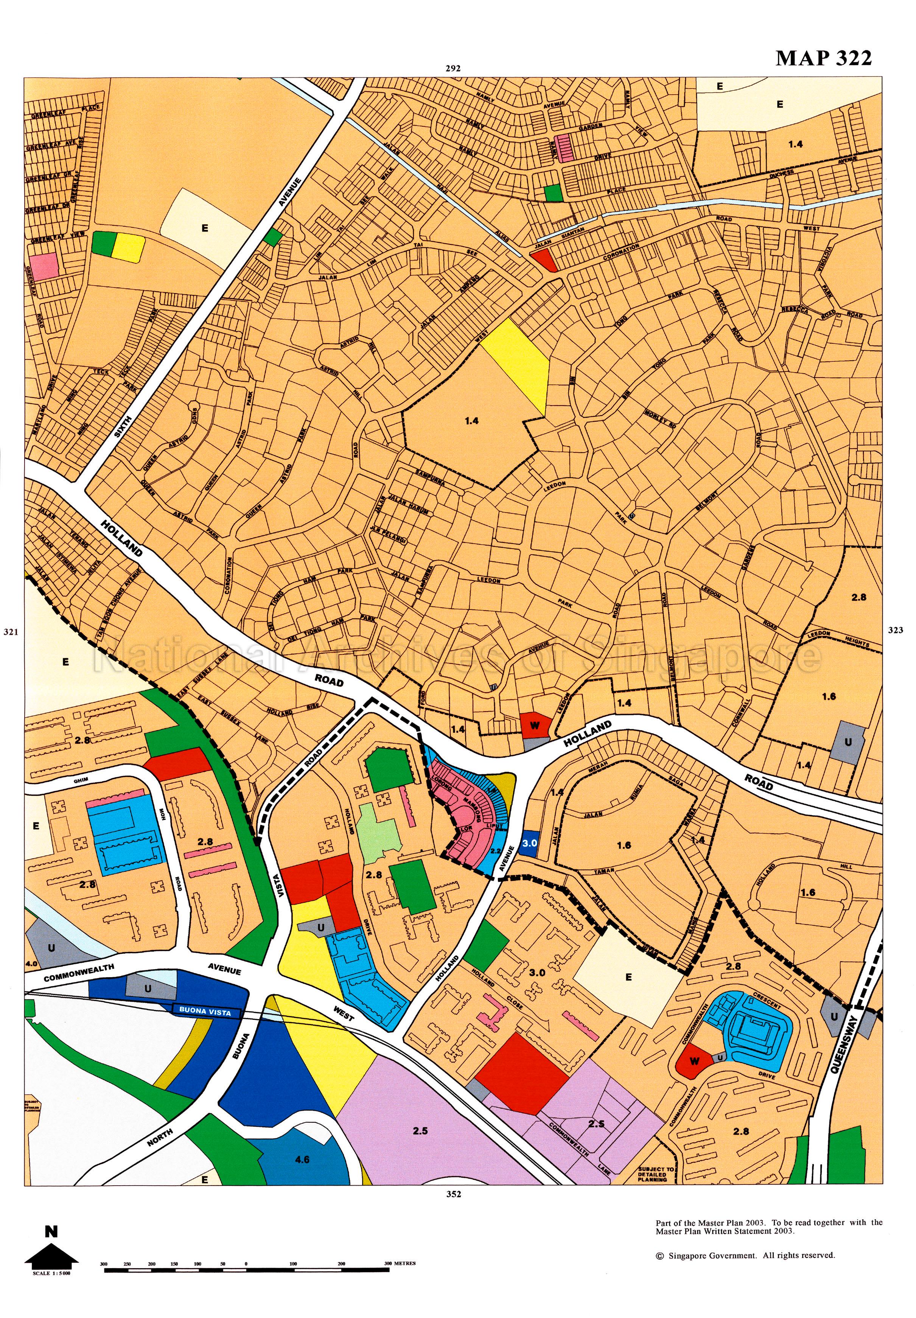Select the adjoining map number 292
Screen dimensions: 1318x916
click(x=453, y=68)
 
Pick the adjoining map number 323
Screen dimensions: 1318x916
click(x=895, y=630)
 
